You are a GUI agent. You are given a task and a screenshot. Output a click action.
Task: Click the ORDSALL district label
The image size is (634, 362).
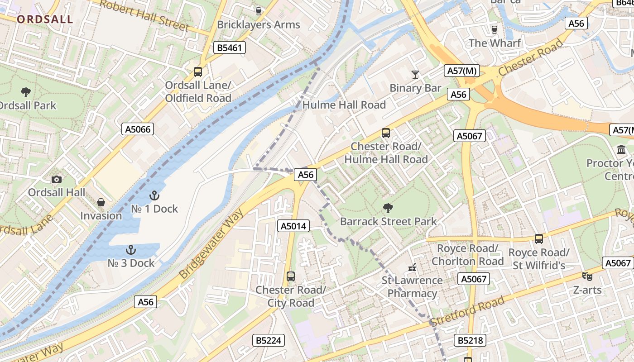(x=45, y=19)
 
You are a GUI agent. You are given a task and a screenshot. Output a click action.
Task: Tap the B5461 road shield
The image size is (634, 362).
(x=230, y=48)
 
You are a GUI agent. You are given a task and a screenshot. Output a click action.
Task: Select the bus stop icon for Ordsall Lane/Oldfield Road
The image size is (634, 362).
(x=198, y=71)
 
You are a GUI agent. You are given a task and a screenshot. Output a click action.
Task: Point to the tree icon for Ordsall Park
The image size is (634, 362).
(x=26, y=92)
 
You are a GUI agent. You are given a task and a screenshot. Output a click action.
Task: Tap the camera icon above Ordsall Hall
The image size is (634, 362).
(x=57, y=179)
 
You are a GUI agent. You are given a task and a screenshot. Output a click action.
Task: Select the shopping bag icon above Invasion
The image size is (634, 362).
(x=101, y=202)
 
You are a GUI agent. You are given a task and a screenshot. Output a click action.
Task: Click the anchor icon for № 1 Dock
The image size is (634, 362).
(x=154, y=195)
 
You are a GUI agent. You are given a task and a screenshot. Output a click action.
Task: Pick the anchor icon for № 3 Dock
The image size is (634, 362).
(x=131, y=250)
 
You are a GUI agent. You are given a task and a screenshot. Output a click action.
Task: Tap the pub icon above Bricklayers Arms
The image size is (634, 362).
(x=259, y=11)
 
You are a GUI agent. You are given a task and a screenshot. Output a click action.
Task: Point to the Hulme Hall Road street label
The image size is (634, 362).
(x=344, y=105)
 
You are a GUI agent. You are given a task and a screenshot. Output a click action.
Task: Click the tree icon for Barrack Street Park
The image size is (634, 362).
(x=388, y=208)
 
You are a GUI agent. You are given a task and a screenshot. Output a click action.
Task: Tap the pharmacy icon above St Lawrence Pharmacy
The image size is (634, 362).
(x=412, y=267)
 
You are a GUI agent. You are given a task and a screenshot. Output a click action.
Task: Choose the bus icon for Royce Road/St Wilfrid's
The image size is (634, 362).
(x=539, y=238)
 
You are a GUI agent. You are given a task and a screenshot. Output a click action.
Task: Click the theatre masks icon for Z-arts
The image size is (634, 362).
(x=587, y=276)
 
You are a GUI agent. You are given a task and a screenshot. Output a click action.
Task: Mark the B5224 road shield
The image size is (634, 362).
(x=269, y=340)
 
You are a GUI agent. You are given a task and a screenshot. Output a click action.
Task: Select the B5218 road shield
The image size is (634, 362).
(x=470, y=340)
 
